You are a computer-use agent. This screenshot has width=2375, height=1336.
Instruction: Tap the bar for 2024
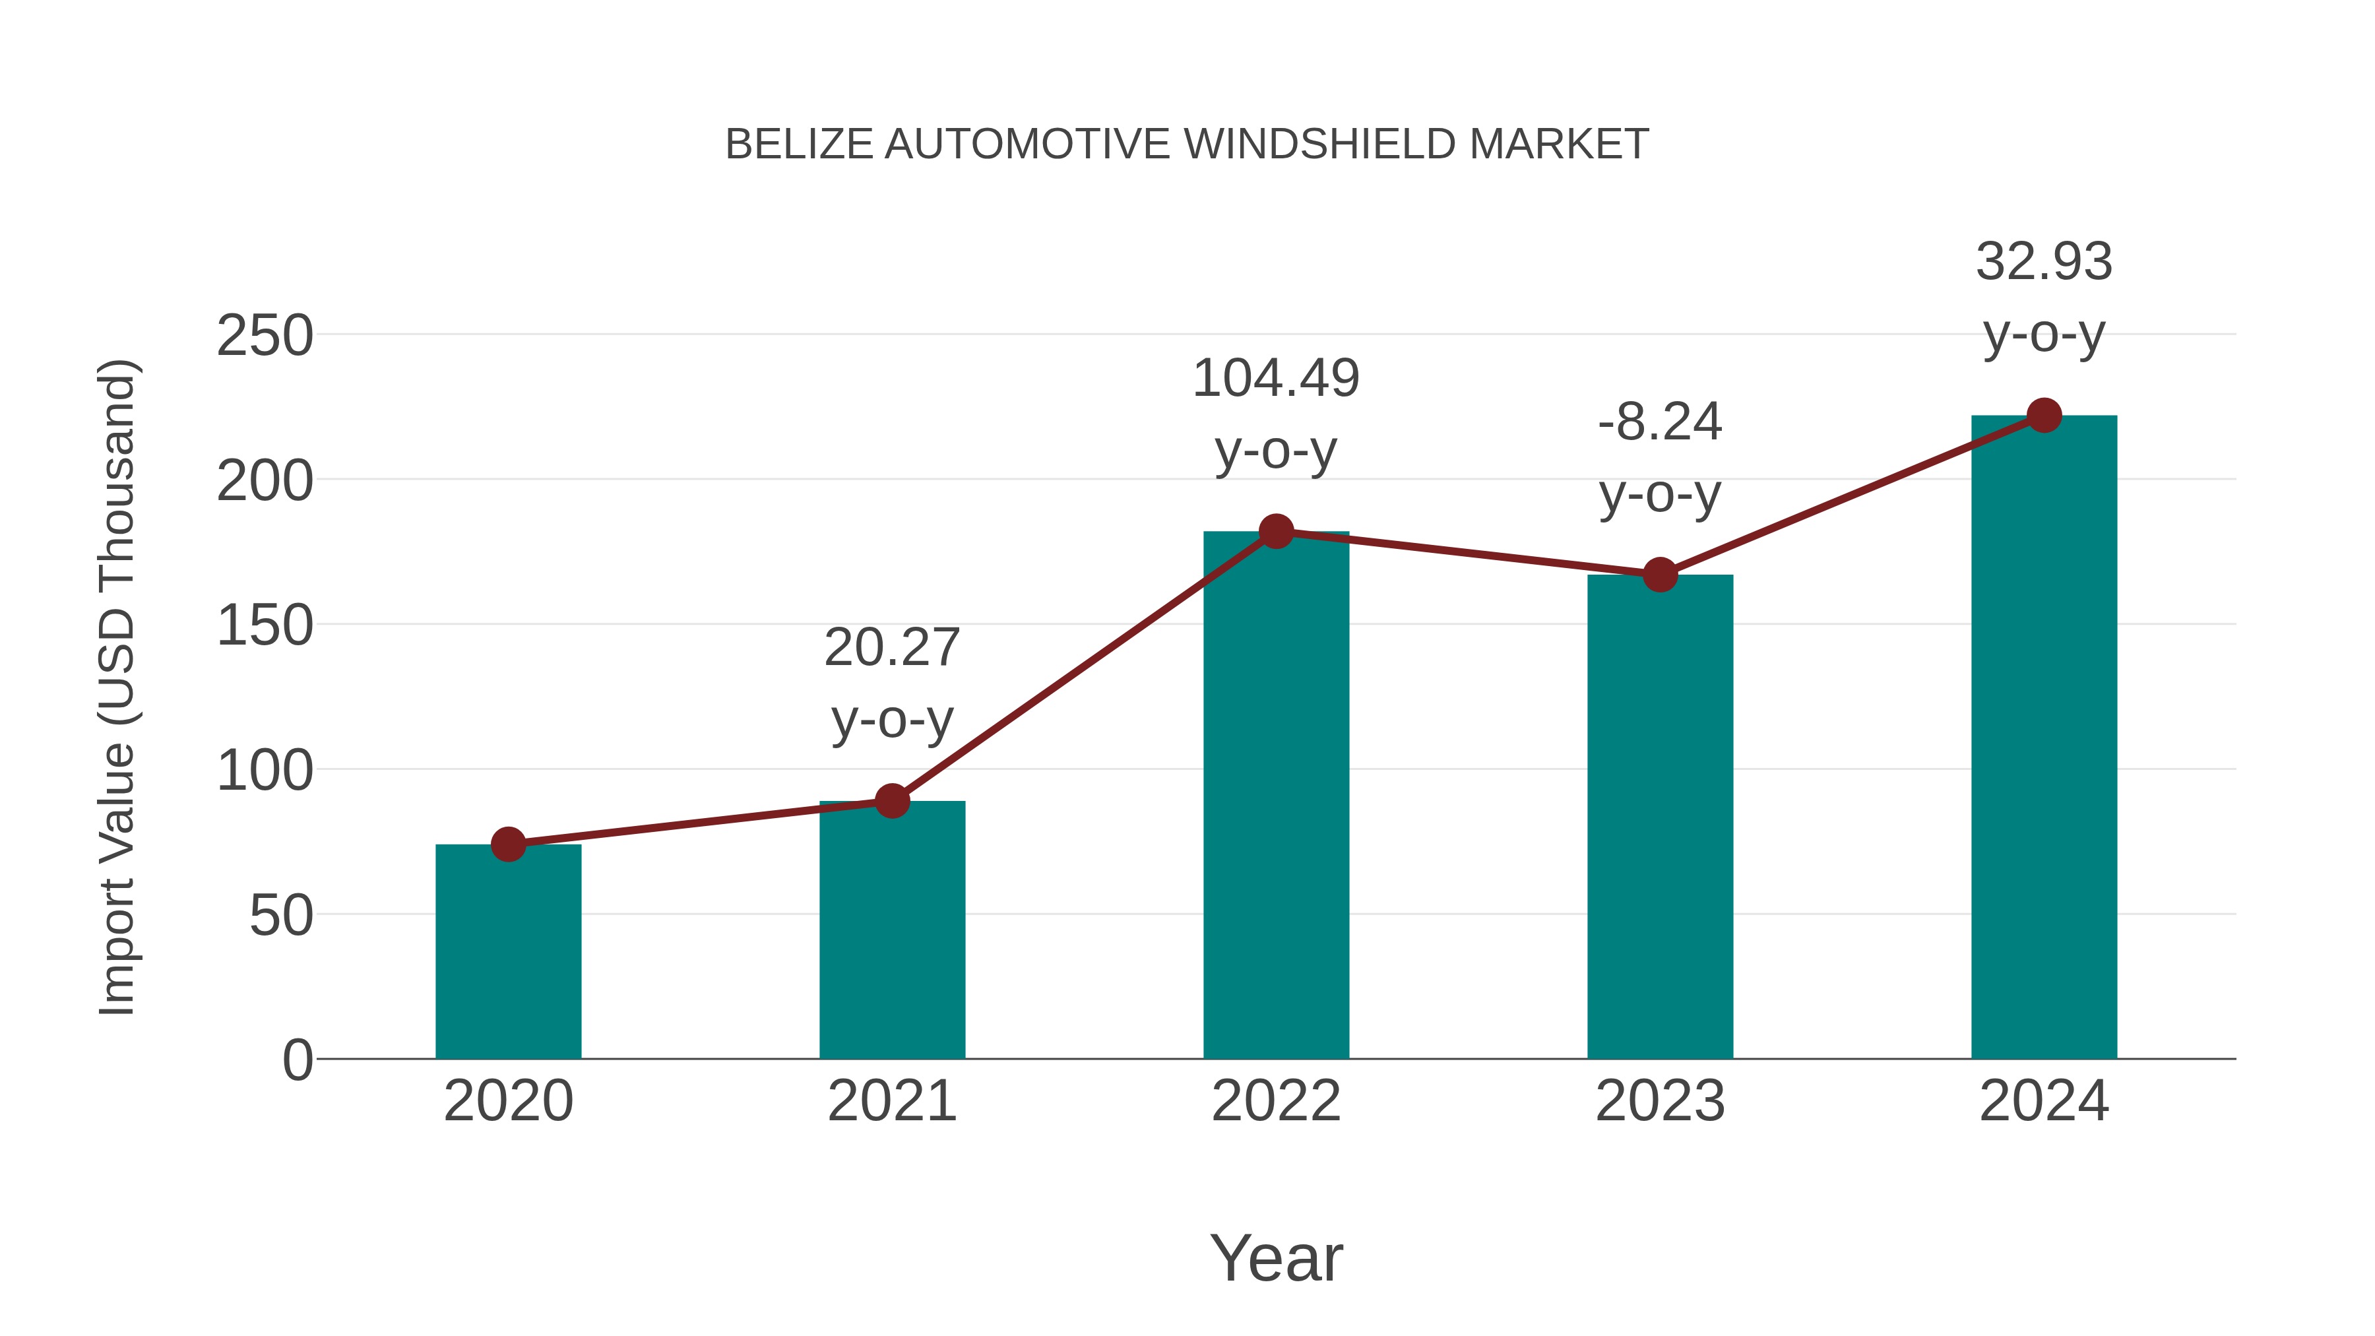(x=2044, y=738)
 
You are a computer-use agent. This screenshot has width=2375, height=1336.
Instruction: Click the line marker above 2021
(x=891, y=801)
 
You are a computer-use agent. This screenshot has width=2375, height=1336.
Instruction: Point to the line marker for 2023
(x=1660, y=575)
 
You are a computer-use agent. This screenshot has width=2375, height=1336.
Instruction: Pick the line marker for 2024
(x=2044, y=416)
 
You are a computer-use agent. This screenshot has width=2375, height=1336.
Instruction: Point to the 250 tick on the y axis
(x=265, y=336)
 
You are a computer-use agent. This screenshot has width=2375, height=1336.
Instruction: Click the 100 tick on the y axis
(x=265, y=771)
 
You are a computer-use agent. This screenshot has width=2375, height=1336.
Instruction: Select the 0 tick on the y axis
(x=297, y=1060)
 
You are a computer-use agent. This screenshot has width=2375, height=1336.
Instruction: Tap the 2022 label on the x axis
(x=1276, y=1101)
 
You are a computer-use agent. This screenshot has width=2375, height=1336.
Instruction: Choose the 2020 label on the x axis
(x=508, y=1101)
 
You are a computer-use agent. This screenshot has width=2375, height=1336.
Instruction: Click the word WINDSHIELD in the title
(x=1319, y=144)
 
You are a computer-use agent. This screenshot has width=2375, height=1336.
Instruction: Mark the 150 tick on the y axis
(x=265, y=626)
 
